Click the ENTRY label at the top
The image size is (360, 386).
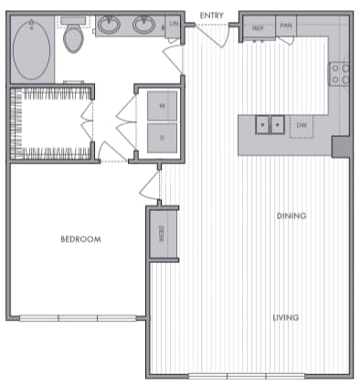coord(212,16)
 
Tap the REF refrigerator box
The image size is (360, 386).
coord(259,28)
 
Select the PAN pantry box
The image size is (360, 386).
coord(285,28)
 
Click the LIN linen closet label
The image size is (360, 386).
coord(173,26)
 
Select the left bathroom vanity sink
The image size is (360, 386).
coord(110,26)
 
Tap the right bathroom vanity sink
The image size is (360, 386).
coord(143,26)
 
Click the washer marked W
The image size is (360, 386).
coord(162,107)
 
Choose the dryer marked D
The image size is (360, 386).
coord(162,138)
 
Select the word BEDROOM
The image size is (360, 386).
coord(80,239)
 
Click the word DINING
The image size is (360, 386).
coord(291,216)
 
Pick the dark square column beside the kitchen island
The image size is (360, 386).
coord(339,146)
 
